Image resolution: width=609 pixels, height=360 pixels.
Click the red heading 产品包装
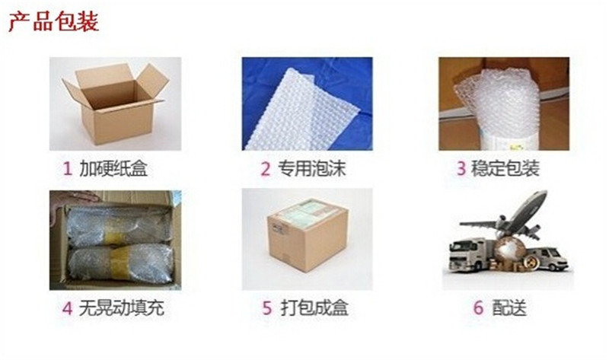click(53, 21)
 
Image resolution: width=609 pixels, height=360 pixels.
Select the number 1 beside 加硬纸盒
click(67, 168)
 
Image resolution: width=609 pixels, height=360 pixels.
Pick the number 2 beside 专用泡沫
click(266, 168)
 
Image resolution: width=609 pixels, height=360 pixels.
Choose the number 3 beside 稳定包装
click(461, 168)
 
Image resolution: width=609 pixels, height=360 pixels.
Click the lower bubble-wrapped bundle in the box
click(118, 263)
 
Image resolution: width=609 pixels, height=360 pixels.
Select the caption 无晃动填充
click(122, 309)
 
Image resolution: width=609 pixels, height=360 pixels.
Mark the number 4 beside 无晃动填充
click(67, 309)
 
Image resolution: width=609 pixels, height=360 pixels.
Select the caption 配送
click(509, 309)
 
